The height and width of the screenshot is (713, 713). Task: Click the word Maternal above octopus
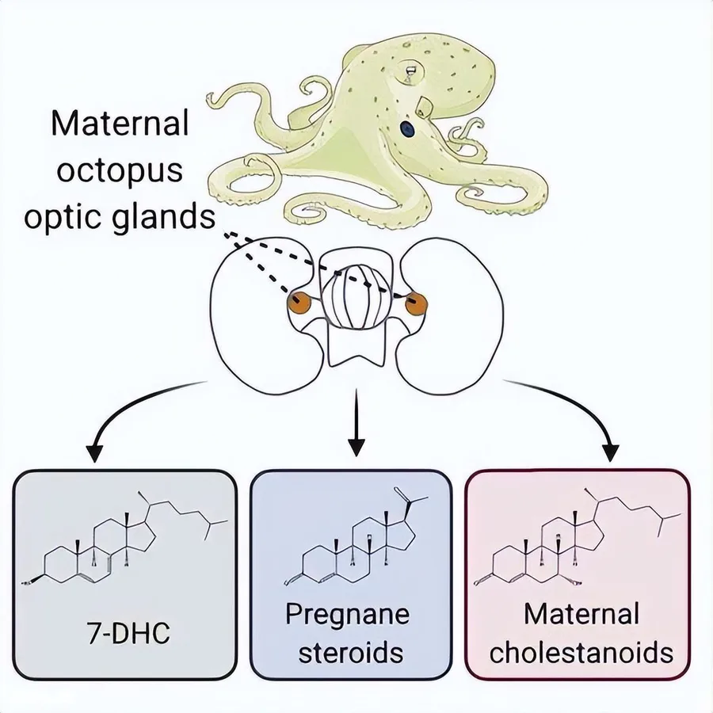pos(120,123)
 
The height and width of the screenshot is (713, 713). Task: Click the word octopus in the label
pos(120,171)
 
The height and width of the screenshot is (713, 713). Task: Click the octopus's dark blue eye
pos(407,129)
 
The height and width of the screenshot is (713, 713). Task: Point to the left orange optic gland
pos(299,303)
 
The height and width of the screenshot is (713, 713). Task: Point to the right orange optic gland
pos(416,304)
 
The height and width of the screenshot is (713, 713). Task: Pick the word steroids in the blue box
pos(351,653)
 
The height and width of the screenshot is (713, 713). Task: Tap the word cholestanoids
pos(581,653)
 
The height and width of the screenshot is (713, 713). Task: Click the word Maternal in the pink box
pos(581,613)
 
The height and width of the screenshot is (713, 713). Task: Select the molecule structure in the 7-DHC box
pos(125,537)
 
